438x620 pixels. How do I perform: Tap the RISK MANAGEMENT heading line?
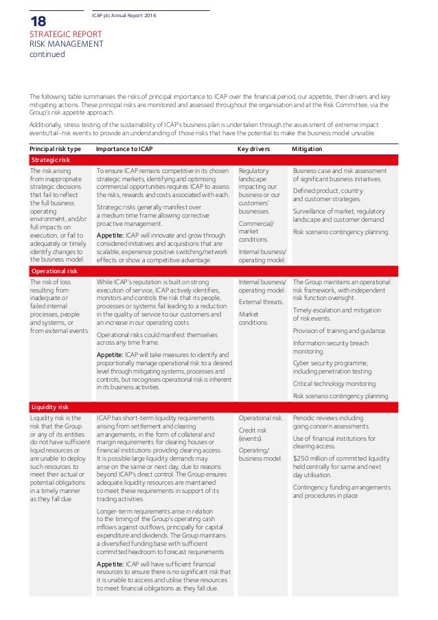(66, 44)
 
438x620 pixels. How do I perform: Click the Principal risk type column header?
(55, 148)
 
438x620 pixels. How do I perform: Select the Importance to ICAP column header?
(124, 148)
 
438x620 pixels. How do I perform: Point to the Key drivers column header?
(253, 148)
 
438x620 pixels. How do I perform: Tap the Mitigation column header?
(307, 148)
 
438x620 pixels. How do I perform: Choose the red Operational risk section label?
(54, 271)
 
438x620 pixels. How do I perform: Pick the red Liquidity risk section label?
(49, 407)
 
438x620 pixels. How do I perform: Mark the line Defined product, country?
(327, 190)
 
